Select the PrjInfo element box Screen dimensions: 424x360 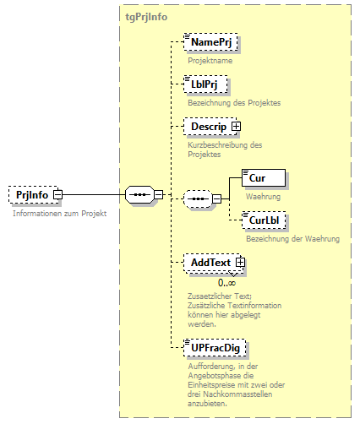[x=31, y=195]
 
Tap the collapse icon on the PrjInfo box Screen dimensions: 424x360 [x=57, y=195]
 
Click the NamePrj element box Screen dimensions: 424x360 [x=211, y=41]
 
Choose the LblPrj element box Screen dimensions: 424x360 [x=205, y=84]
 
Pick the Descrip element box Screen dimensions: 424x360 [x=208, y=127]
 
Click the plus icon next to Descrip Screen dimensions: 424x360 [x=236, y=127]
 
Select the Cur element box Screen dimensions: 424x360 [x=263, y=178]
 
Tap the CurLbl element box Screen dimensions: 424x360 [x=264, y=221]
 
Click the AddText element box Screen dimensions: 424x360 [x=210, y=263]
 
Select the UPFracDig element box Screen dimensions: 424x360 [x=215, y=347]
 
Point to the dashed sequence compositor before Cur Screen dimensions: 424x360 [x=197, y=199]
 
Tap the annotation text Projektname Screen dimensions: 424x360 [x=210, y=60]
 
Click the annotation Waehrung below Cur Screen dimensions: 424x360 [x=263, y=197]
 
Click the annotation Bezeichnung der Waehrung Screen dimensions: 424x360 [x=292, y=239]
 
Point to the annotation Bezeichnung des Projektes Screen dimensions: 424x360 [x=233, y=102]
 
